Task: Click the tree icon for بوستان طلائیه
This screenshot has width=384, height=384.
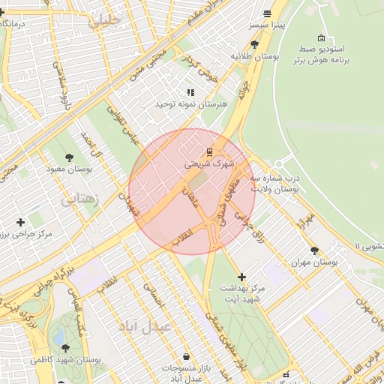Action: [x=255, y=45]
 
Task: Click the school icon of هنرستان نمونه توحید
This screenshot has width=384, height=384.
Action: [x=190, y=92]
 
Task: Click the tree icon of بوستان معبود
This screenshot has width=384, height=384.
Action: [x=70, y=157]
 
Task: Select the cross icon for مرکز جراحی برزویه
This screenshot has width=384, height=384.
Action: [x=20, y=222]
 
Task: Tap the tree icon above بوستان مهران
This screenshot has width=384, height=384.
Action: [x=314, y=250]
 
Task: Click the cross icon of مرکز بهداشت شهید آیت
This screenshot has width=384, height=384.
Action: [x=241, y=277]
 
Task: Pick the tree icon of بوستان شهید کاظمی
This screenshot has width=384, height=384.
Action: [x=65, y=348]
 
